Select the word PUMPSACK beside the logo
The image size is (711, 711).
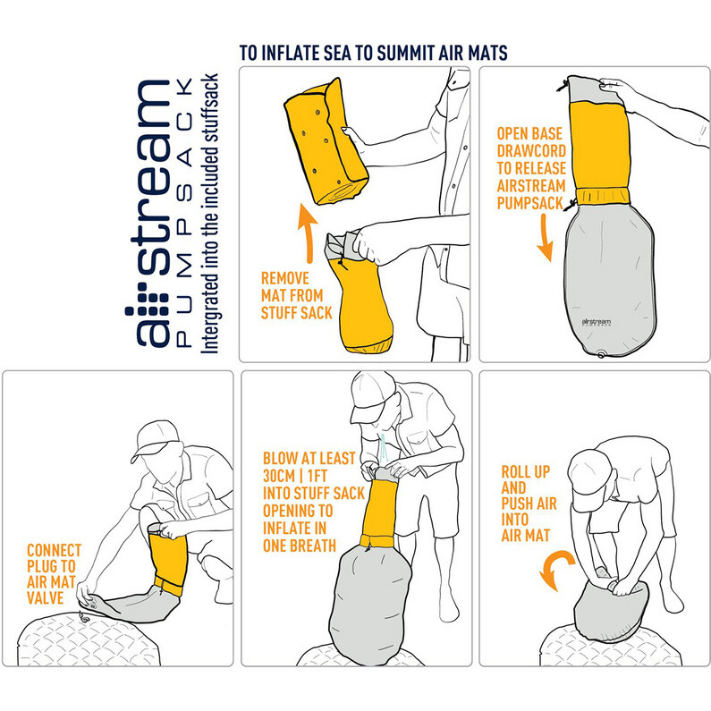coord(185,213)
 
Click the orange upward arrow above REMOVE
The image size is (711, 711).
coord(309,233)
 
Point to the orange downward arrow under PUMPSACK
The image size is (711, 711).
coord(545,237)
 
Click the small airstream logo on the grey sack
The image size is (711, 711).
coord(596,322)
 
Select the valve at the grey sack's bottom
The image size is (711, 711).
coord(602,353)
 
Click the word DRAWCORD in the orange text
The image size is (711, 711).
coord(531,150)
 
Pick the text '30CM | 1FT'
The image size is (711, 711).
coord(295,476)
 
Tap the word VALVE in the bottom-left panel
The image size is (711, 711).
coord(46,597)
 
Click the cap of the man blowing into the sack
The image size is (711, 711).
coord(372,393)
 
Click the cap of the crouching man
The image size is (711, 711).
coord(157,438)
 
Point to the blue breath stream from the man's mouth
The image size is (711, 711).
coord(384,446)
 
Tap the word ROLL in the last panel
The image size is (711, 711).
coord(515,472)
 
